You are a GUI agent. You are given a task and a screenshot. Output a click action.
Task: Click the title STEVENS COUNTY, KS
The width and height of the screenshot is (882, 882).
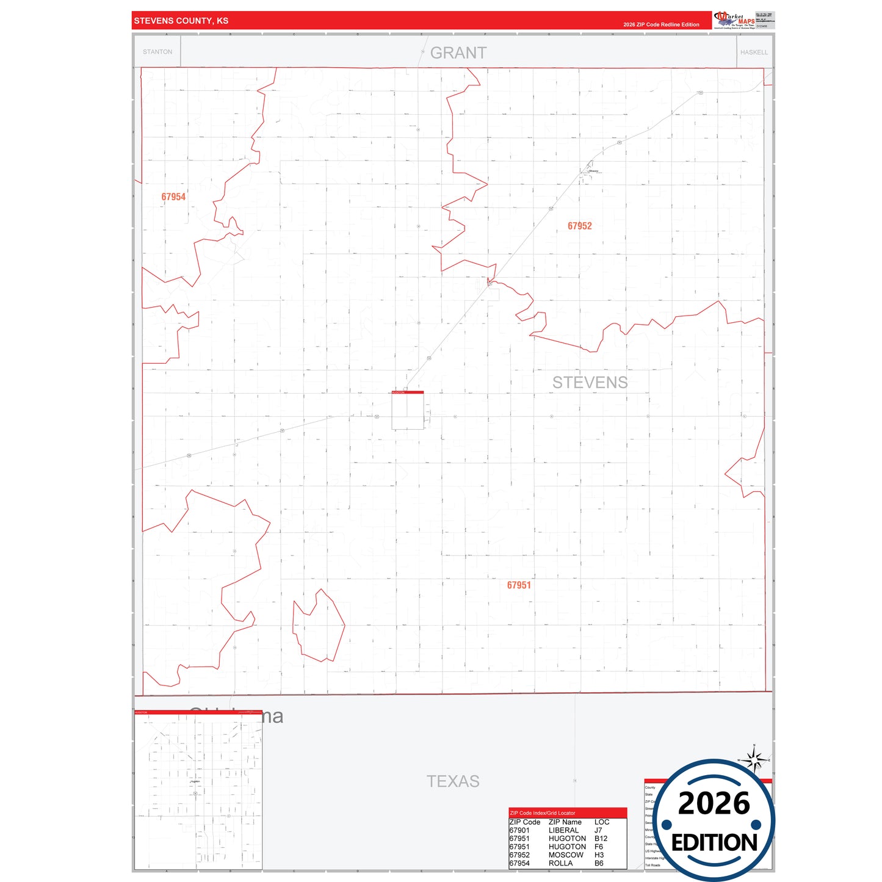pos(181,21)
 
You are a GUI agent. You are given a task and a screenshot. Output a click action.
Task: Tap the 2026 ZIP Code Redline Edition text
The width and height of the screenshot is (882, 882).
pos(661,24)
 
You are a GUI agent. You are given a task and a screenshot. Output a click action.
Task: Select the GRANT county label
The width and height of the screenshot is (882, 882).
pos(458,53)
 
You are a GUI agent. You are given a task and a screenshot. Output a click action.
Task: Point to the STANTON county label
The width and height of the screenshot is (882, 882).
pos(157,52)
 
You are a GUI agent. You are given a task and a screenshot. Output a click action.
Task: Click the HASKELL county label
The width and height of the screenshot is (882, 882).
pos(754,52)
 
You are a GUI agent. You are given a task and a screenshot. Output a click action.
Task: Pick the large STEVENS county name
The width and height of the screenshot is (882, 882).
pos(590,383)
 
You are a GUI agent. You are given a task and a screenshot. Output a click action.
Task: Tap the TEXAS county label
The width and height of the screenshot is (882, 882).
pos(453,781)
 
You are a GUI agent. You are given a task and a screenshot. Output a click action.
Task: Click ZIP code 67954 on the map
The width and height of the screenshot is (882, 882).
pos(173,197)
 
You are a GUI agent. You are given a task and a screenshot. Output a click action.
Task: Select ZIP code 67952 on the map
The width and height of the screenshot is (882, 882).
pos(579,226)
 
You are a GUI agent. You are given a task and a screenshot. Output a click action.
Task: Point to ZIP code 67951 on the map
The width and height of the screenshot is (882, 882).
pos(519,585)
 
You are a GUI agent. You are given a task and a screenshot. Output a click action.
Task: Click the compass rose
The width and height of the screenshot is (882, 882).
pos(755,761)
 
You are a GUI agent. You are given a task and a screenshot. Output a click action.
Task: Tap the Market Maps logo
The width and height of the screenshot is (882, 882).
pos(734,20)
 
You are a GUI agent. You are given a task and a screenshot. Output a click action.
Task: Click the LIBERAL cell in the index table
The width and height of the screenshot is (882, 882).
pos(563,830)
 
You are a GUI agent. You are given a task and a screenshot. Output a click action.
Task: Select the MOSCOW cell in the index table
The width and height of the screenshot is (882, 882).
pos(566,855)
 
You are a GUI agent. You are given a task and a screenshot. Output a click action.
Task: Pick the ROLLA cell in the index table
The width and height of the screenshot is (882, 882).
pos(560,863)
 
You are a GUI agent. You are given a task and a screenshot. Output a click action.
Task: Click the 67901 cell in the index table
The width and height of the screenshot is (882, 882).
pos(519,830)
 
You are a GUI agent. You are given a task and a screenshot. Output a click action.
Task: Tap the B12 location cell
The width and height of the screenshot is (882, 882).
pos(601,839)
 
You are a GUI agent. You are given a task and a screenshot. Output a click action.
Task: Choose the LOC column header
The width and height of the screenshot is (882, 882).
pos(602,822)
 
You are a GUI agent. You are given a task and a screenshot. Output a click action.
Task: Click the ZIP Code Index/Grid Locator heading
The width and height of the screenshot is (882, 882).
pos(543,813)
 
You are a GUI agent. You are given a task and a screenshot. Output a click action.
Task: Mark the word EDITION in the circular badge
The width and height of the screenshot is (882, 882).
pos(714,843)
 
